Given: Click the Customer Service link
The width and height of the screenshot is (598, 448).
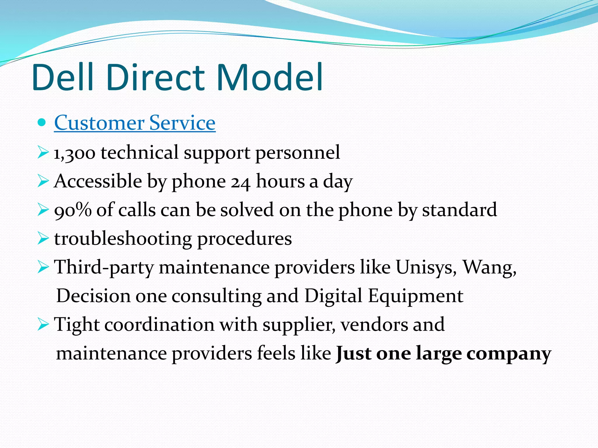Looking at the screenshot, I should [135, 123].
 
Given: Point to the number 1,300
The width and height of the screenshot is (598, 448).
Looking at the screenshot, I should [74, 153].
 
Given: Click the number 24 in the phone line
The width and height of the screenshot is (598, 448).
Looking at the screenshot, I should [240, 182].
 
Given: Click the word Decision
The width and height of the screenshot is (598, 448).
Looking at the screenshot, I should [93, 296].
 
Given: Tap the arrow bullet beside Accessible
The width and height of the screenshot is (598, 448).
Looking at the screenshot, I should [43, 181].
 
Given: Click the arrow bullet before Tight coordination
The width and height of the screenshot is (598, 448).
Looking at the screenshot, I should [43, 324].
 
